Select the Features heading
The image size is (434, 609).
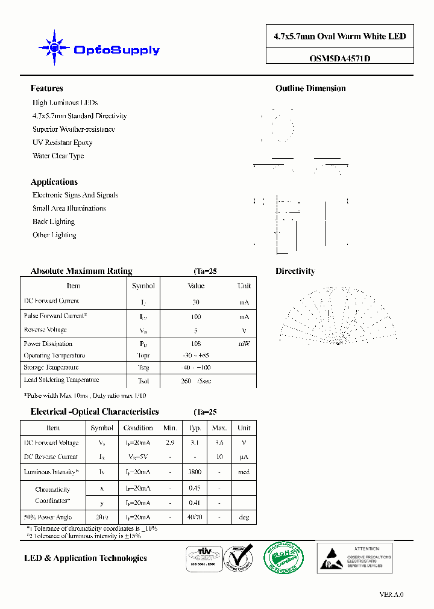(46, 88)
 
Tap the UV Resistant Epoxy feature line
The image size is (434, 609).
(62, 143)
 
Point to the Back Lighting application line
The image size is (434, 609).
(54, 221)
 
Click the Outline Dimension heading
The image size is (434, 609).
(310, 88)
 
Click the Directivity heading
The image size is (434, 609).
(295, 271)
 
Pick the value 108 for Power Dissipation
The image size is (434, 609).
(196, 344)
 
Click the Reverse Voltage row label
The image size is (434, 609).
(45, 330)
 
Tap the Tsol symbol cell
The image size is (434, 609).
(143, 381)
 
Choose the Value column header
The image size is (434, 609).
(196, 286)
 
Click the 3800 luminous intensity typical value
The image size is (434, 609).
(194, 472)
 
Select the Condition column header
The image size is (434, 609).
(138, 428)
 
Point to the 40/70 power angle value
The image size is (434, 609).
(194, 518)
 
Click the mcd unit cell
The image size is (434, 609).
(244, 472)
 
